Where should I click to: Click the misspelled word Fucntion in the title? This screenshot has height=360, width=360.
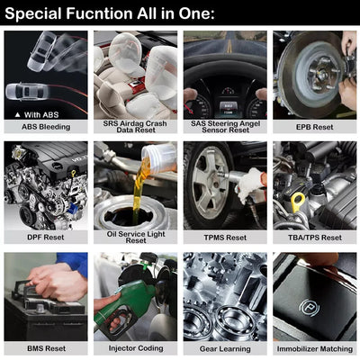tap(100, 13)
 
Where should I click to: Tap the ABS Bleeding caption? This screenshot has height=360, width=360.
tap(46, 127)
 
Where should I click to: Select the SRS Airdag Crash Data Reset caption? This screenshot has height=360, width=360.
tap(135, 127)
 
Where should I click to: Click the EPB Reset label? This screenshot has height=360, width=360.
tap(315, 127)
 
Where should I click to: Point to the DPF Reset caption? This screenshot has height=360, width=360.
tap(46, 238)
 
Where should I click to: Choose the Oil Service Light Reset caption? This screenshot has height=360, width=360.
tap(136, 237)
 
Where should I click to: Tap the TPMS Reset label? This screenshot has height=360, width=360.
tap(225, 238)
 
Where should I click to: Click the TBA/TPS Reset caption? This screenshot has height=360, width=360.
tap(315, 238)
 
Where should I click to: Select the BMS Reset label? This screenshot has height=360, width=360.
tap(46, 348)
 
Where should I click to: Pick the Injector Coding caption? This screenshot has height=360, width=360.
tap(136, 348)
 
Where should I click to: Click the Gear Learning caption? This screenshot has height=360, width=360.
tap(225, 349)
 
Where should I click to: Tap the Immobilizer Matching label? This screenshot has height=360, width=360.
tap(315, 349)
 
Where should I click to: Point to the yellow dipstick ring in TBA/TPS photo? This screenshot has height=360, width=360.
tap(298, 201)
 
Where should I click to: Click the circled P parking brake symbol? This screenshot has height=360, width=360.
tap(310, 308)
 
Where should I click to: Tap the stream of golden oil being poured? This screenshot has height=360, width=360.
tap(139, 187)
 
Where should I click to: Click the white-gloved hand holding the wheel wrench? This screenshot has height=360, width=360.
tap(250, 184)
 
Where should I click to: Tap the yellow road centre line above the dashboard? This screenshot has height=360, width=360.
tap(229, 46)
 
